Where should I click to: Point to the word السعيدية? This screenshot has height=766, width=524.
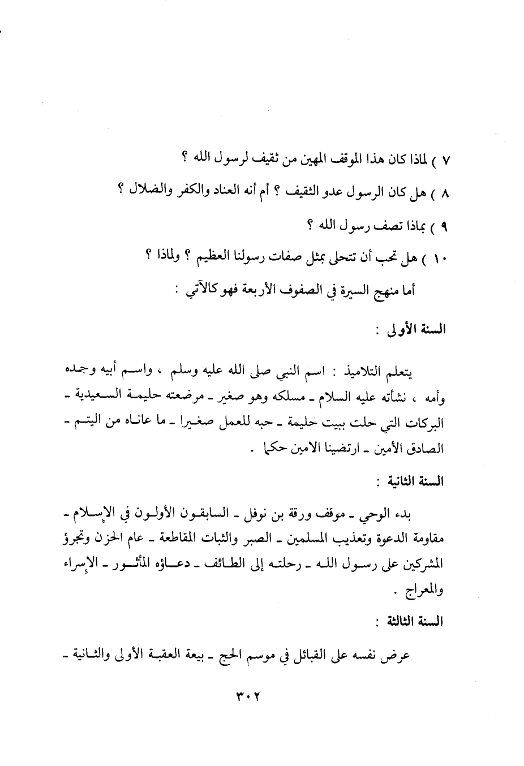[88, 398]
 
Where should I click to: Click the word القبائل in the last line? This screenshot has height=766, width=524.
[312, 656]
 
